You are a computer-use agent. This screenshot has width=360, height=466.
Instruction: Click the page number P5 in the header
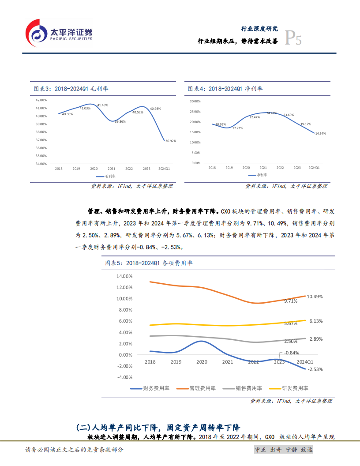coord(293,39)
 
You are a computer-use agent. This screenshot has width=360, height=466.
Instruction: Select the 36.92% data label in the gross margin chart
coord(171,141)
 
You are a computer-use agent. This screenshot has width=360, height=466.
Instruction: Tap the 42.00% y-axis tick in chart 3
coord(41,100)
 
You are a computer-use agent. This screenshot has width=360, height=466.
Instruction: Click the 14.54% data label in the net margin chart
coord(320,133)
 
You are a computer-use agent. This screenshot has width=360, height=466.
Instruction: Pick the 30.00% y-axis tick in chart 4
coord(195,101)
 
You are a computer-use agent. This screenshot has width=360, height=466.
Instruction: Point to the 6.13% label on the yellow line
coord(316,321)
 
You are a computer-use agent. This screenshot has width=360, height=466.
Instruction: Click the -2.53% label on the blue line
coord(316,369)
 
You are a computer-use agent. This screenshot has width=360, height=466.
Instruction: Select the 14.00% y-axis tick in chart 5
coord(124,276)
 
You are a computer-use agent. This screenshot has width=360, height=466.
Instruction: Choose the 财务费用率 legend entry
coord(151,388)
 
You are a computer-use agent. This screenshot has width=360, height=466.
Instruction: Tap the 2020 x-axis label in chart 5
coord(202,362)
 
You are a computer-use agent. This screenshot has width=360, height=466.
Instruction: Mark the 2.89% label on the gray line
coord(316,339)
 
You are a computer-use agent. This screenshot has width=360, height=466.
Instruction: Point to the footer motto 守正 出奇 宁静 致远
coord(284,450)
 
